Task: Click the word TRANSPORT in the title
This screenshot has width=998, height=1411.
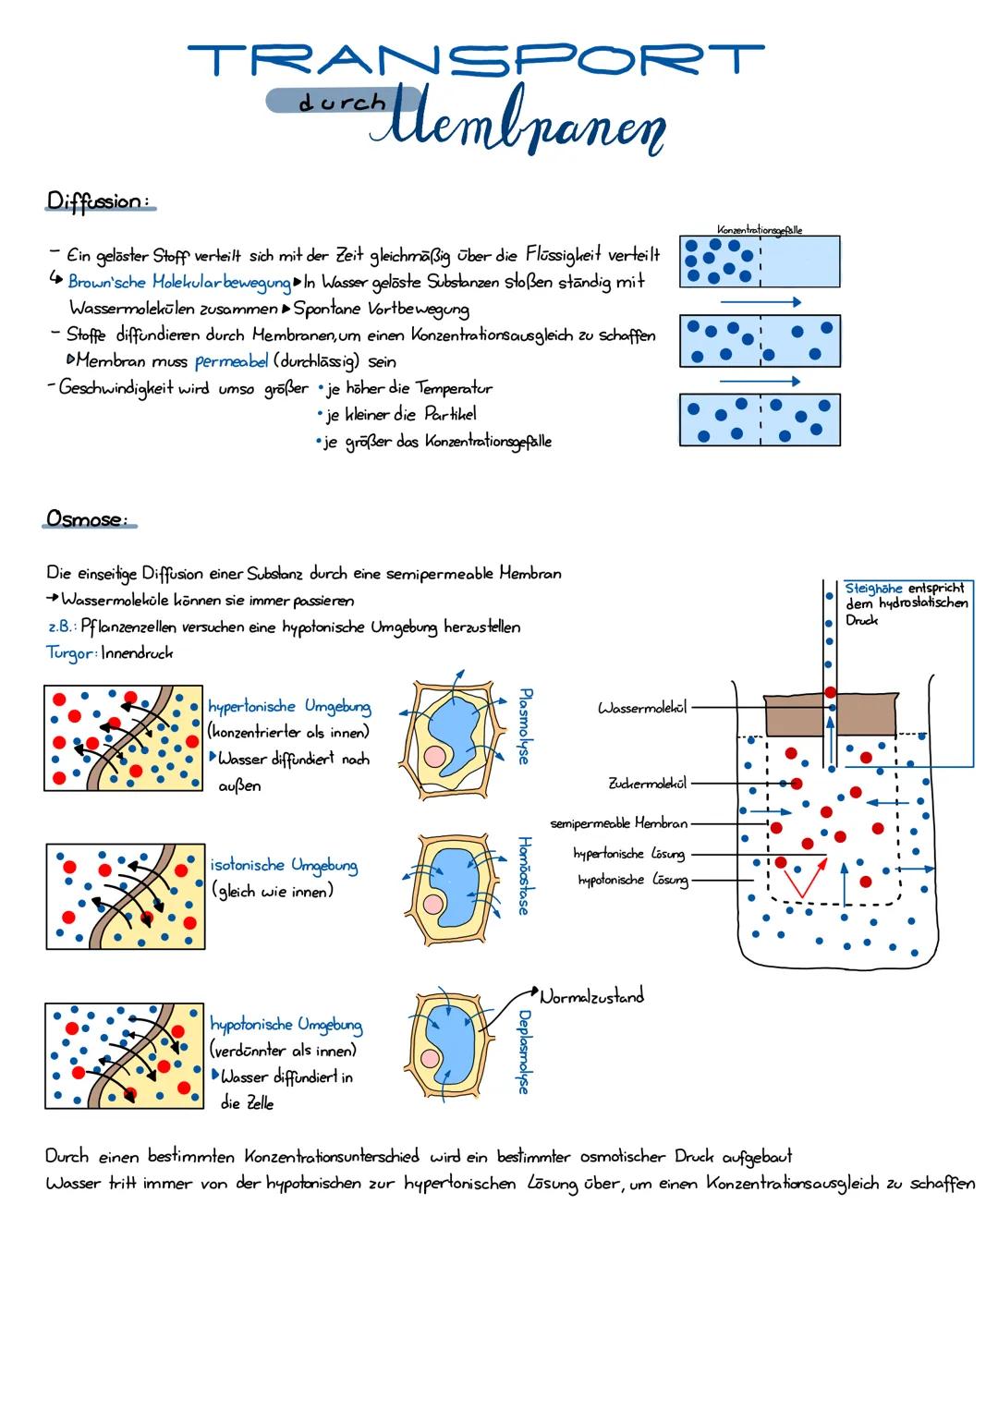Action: click(476, 59)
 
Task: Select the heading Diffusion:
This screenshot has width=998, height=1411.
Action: click(98, 201)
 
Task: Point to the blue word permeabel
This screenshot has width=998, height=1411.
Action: click(231, 361)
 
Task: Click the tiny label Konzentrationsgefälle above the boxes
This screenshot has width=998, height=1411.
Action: click(760, 229)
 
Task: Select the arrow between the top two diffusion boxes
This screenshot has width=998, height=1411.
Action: click(760, 302)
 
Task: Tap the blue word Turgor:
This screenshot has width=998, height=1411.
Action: click(70, 652)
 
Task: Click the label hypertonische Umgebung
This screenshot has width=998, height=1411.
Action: click(289, 707)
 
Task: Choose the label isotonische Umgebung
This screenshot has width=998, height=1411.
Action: click(284, 865)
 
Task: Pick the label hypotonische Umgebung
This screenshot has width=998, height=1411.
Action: click(286, 1024)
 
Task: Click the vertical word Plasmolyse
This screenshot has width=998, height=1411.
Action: click(524, 725)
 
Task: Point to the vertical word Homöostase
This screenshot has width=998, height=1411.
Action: click(524, 875)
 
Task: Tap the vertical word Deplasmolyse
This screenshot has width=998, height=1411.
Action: click(524, 1052)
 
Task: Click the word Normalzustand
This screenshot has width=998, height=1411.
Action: click(591, 996)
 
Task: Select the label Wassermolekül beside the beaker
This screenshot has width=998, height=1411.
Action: click(642, 708)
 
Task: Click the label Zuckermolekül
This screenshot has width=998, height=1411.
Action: click(647, 784)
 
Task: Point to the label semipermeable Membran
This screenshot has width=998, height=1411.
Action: click(618, 822)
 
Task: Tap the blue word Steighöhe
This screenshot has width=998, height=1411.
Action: click(874, 588)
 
